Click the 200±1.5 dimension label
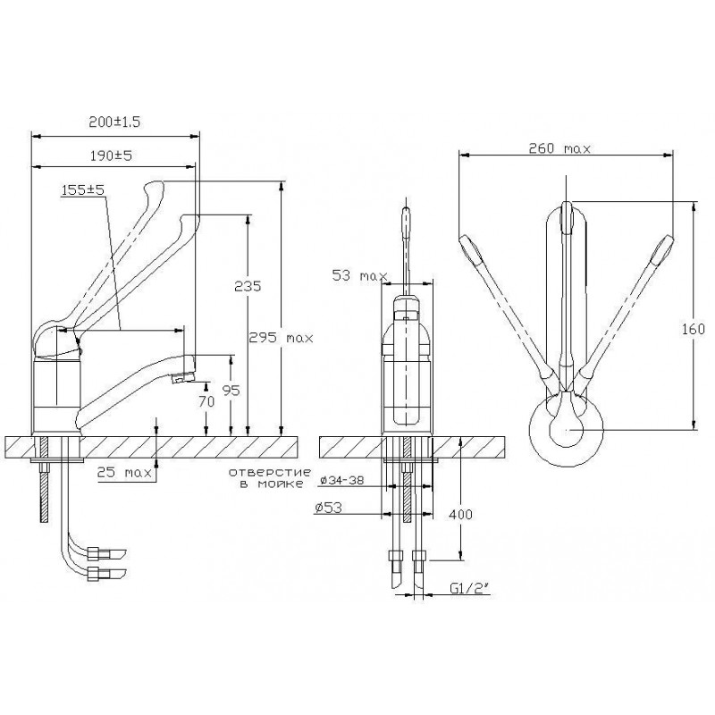pos(114,122)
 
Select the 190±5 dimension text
pos(111,156)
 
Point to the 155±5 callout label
pos(83,189)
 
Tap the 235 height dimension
pos(248,286)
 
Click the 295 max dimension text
pos(281,338)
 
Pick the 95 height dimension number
pos(231,391)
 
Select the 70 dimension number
pos(206,401)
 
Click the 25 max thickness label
pos(124,473)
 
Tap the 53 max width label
pos(360,275)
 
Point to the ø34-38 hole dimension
pos(342,480)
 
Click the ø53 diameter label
pos(328,507)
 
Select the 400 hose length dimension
pos(461,515)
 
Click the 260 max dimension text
pos(559,148)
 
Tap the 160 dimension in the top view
pos(694,329)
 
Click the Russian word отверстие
pos(270,472)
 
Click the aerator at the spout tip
pos(182,377)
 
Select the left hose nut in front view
pos(394,556)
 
